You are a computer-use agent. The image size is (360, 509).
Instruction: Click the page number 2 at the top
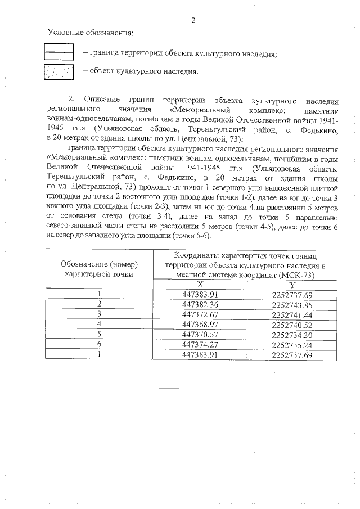coord(193,21)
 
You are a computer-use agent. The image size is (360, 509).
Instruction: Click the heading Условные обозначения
coord(91,34)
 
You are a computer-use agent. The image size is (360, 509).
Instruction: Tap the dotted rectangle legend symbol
coord(59,72)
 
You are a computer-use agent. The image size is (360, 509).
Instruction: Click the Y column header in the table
coord(292,285)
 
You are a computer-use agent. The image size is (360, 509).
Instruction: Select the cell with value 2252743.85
coord(291,304)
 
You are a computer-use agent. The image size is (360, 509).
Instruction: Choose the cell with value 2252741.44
coord(291,314)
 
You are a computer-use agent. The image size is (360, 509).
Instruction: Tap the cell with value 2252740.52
coord(291,325)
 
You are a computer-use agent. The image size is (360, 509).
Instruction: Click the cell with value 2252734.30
coord(291,335)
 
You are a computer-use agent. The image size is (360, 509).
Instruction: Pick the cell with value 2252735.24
coord(291,345)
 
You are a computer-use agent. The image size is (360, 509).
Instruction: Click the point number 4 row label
coord(99,325)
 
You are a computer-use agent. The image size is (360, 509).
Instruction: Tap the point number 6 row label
coord(99,345)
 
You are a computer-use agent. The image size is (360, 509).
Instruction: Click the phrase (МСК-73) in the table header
coord(295,275)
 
